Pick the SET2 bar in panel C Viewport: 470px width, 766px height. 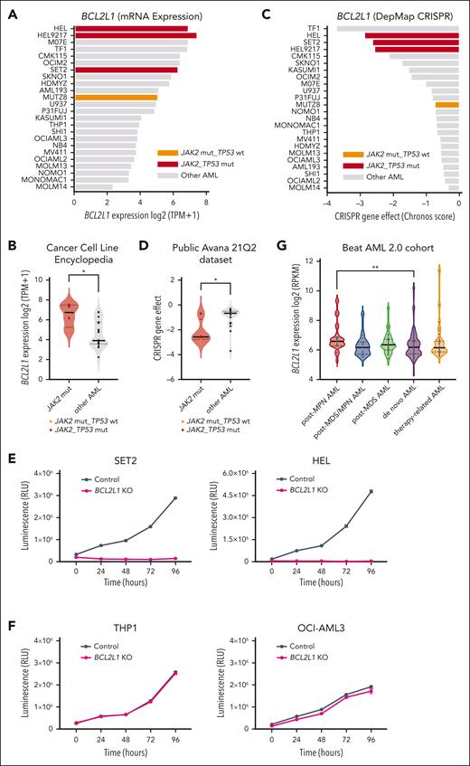pos(417,43)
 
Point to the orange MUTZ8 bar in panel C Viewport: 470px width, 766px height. pos(446,105)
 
